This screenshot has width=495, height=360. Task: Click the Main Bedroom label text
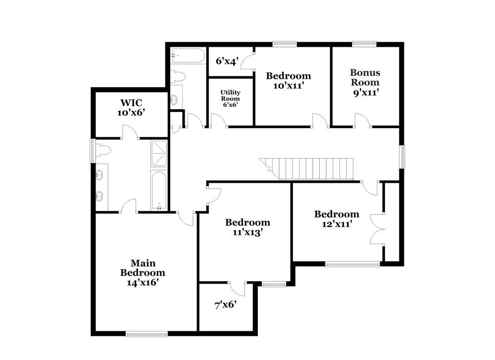click(143, 267)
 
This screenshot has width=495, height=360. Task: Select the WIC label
click(131, 103)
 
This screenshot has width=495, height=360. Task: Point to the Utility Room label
click(230, 99)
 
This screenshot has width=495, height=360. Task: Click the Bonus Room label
click(365, 78)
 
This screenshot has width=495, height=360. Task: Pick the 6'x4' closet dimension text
click(227, 61)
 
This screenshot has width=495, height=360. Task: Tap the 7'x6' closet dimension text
click(225, 305)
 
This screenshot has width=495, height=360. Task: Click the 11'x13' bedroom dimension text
click(247, 232)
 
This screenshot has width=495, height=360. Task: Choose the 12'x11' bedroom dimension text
click(337, 223)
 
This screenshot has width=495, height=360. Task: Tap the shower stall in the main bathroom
click(159, 154)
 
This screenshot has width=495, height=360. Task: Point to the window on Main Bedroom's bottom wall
click(144, 334)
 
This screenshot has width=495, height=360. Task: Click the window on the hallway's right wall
click(402, 156)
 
